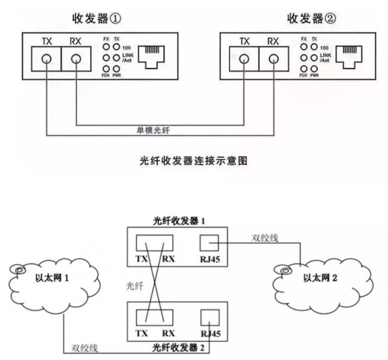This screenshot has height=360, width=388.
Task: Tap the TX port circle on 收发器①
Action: (47, 58)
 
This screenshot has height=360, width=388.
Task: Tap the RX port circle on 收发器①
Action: (76, 58)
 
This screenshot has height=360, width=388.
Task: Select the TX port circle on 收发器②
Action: (244, 58)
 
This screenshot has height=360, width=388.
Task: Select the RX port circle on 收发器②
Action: (273, 58)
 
